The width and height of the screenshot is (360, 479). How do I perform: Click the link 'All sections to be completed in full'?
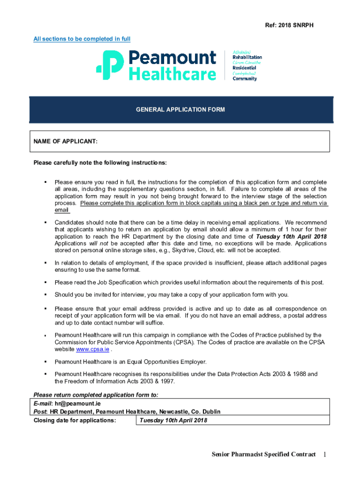pyautogui.click(x=82, y=39)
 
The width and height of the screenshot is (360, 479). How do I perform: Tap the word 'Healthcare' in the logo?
pyautogui.click(x=173, y=74)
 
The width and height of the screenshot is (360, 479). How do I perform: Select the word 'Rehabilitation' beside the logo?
pyautogui.click(x=247, y=57)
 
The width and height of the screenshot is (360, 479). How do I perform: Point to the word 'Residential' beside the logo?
pyautogui.click(x=244, y=68)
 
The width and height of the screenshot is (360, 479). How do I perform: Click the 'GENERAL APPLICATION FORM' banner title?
pyautogui.click(x=180, y=109)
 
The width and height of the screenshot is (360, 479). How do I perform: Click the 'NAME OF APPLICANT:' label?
pyautogui.click(x=65, y=141)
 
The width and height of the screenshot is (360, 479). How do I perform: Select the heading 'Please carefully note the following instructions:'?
pyautogui.click(x=100, y=163)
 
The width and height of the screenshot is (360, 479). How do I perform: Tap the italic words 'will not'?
pyautogui.click(x=99, y=244)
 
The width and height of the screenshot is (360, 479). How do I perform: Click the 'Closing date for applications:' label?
pyautogui.click(x=74, y=420)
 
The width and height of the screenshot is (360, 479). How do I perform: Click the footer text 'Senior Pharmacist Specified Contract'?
pyautogui.click(x=263, y=454)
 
